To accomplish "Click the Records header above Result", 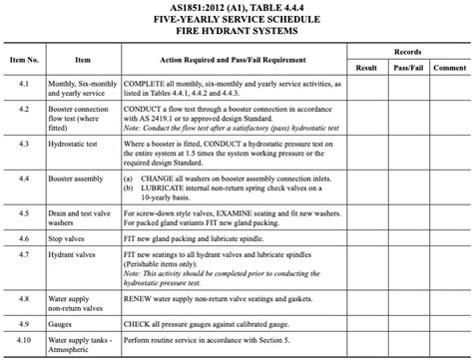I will (x=407, y=50).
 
